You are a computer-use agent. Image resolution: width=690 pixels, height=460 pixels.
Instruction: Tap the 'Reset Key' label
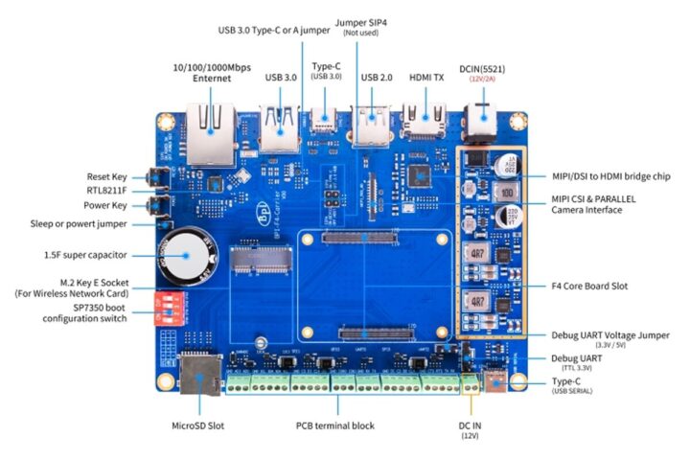[x=106, y=177]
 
